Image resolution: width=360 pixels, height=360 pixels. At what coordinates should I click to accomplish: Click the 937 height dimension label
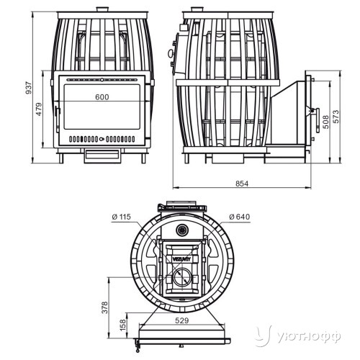click(x=28, y=88)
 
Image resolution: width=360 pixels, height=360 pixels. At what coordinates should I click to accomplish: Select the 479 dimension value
click(x=39, y=109)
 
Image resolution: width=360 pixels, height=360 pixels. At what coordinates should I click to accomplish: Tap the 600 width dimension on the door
click(x=102, y=97)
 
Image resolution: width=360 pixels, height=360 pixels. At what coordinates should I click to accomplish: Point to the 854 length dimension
click(x=242, y=184)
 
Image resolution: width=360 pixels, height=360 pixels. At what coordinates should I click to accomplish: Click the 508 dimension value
click(x=326, y=122)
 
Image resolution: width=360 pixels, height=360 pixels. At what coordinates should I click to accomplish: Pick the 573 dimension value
click(x=336, y=117)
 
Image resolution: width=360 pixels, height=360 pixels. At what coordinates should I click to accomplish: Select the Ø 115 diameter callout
click(x=122, y=217)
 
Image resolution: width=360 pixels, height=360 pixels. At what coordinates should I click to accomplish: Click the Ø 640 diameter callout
click(x=240, y=217)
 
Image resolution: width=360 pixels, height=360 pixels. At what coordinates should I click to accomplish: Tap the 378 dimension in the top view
click(x=105, y=307)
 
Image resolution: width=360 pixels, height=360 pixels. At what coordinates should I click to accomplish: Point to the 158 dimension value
click(x=122, y=325)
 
